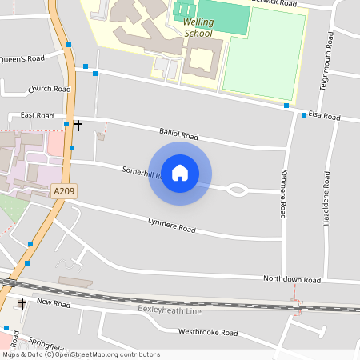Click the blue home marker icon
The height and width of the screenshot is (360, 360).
(180, 173)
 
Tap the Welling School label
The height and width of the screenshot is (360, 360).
(198, 28)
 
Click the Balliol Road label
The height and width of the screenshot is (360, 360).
(178, 135)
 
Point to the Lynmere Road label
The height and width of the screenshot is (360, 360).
(171, 225)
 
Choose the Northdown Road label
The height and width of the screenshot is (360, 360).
(292, 279)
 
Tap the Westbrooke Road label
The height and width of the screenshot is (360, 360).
(208, 331)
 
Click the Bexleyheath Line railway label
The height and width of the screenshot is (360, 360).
(169, 309)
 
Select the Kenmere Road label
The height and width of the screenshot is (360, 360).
(283, 194)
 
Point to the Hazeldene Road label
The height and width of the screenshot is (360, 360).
(326, 201)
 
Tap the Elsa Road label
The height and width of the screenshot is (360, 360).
(326, 118)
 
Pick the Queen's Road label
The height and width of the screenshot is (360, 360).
(22, 58)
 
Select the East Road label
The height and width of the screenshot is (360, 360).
(37, 115)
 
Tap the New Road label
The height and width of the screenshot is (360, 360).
(54, 303)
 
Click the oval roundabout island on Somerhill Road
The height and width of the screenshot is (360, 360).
(237, 190)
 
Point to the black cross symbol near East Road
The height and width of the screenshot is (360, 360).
(78, 125)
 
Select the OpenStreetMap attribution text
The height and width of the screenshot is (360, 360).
(81, 354)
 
